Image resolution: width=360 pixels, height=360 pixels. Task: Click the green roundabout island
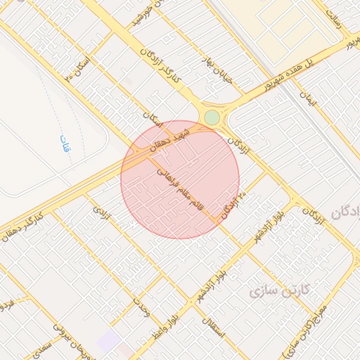[212, 117]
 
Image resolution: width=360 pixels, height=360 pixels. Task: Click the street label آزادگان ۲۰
[234, 205]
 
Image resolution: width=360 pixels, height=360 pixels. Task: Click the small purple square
[108, 342]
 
